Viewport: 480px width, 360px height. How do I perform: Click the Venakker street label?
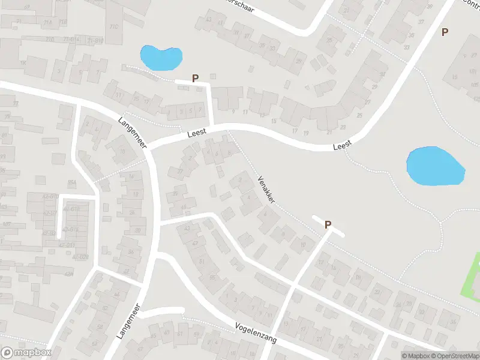coord(266,190)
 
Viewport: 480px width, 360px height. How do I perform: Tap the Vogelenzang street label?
coord(256,331)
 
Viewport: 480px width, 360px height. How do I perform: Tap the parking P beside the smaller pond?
coord(195,78)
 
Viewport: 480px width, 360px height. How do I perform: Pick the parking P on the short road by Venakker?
coord(328,224)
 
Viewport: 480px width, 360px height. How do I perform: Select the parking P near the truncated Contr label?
coord(445,32)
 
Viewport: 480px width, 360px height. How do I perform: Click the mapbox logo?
coord(26,353)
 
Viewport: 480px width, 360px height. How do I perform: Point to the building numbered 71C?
coord(115,26)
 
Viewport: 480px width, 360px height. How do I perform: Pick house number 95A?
coord(72,184)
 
